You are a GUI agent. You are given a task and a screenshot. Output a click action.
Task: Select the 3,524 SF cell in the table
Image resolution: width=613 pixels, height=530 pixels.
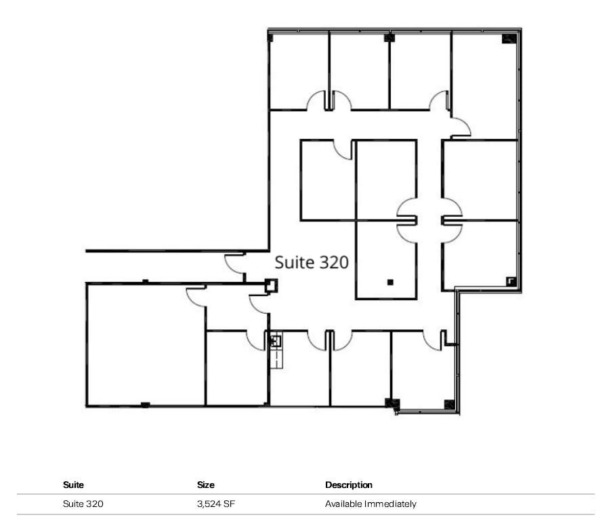click(215, 504)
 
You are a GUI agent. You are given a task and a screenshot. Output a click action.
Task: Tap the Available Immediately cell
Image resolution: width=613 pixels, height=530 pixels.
click(371, 504)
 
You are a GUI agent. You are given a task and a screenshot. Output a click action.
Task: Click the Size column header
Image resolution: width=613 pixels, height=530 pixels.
click(206, 485)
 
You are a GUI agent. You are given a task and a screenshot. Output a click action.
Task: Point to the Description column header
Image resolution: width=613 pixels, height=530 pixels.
click(349, 485)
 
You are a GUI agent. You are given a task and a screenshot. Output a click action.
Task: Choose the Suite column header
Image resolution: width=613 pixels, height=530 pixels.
click(73, 485)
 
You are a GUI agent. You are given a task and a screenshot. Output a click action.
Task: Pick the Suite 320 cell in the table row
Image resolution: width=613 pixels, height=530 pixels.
click(83, 504)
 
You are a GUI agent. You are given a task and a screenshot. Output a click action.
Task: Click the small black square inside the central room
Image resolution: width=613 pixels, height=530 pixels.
click(390, 282)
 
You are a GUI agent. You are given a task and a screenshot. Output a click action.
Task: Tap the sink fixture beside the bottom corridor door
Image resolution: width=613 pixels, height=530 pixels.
click(276, 342)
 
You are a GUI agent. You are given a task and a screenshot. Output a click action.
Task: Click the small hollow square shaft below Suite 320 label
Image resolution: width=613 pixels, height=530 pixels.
click(271, 286)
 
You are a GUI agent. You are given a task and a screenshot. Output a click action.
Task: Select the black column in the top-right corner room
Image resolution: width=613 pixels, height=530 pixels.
click(508, 39)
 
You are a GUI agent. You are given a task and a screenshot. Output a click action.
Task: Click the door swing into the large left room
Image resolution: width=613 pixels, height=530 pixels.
click(196, 296)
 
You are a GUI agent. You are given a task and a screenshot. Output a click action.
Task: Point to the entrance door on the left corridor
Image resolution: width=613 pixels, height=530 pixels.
click(234, 264)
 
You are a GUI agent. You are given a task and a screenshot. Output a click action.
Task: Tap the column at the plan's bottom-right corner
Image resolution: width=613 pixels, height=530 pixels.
click(449, 405)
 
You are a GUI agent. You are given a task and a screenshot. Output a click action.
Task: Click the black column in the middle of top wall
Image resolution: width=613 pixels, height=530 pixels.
click(389, 37)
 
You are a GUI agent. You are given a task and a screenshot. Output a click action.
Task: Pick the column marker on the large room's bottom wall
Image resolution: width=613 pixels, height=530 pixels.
click(145, 405)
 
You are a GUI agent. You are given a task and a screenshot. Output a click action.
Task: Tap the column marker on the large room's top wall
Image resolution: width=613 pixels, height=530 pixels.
click(145, 281)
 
